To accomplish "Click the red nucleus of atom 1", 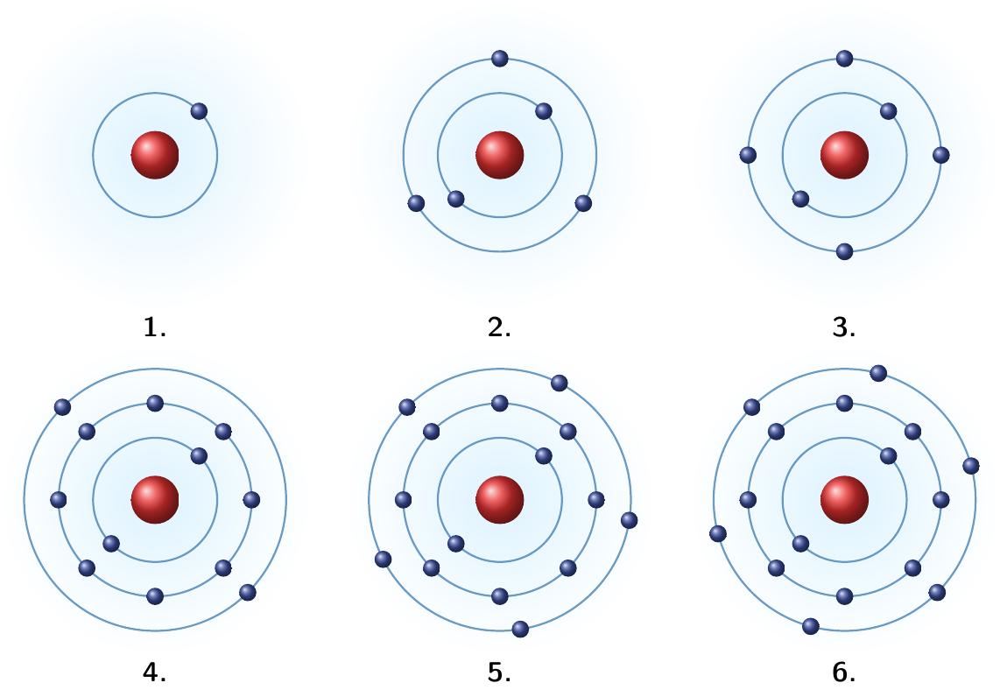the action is [155, 155].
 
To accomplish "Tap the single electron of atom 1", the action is [199, 111].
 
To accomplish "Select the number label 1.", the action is [155, 327].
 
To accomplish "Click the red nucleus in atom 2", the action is [500, 155].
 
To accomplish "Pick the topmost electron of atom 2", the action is [500, 59].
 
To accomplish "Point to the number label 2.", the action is [499, 327].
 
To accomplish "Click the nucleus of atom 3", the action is [844, 155].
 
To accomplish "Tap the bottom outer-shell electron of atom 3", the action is [844, 251].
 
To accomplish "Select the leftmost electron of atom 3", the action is [748, 155].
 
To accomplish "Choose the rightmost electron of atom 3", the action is [940, 155].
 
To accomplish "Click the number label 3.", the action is [844, 327].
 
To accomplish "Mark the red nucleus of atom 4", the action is [155, 499].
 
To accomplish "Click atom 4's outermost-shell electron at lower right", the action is [248, 593].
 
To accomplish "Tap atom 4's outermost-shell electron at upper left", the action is [62, 407].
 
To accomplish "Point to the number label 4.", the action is [155, 672].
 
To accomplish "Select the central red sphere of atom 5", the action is [500, 499].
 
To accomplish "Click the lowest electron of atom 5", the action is [520, 629].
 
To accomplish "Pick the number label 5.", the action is [499, 672].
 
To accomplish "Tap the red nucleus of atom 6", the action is [844, 499].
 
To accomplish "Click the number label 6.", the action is [844, 672].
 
